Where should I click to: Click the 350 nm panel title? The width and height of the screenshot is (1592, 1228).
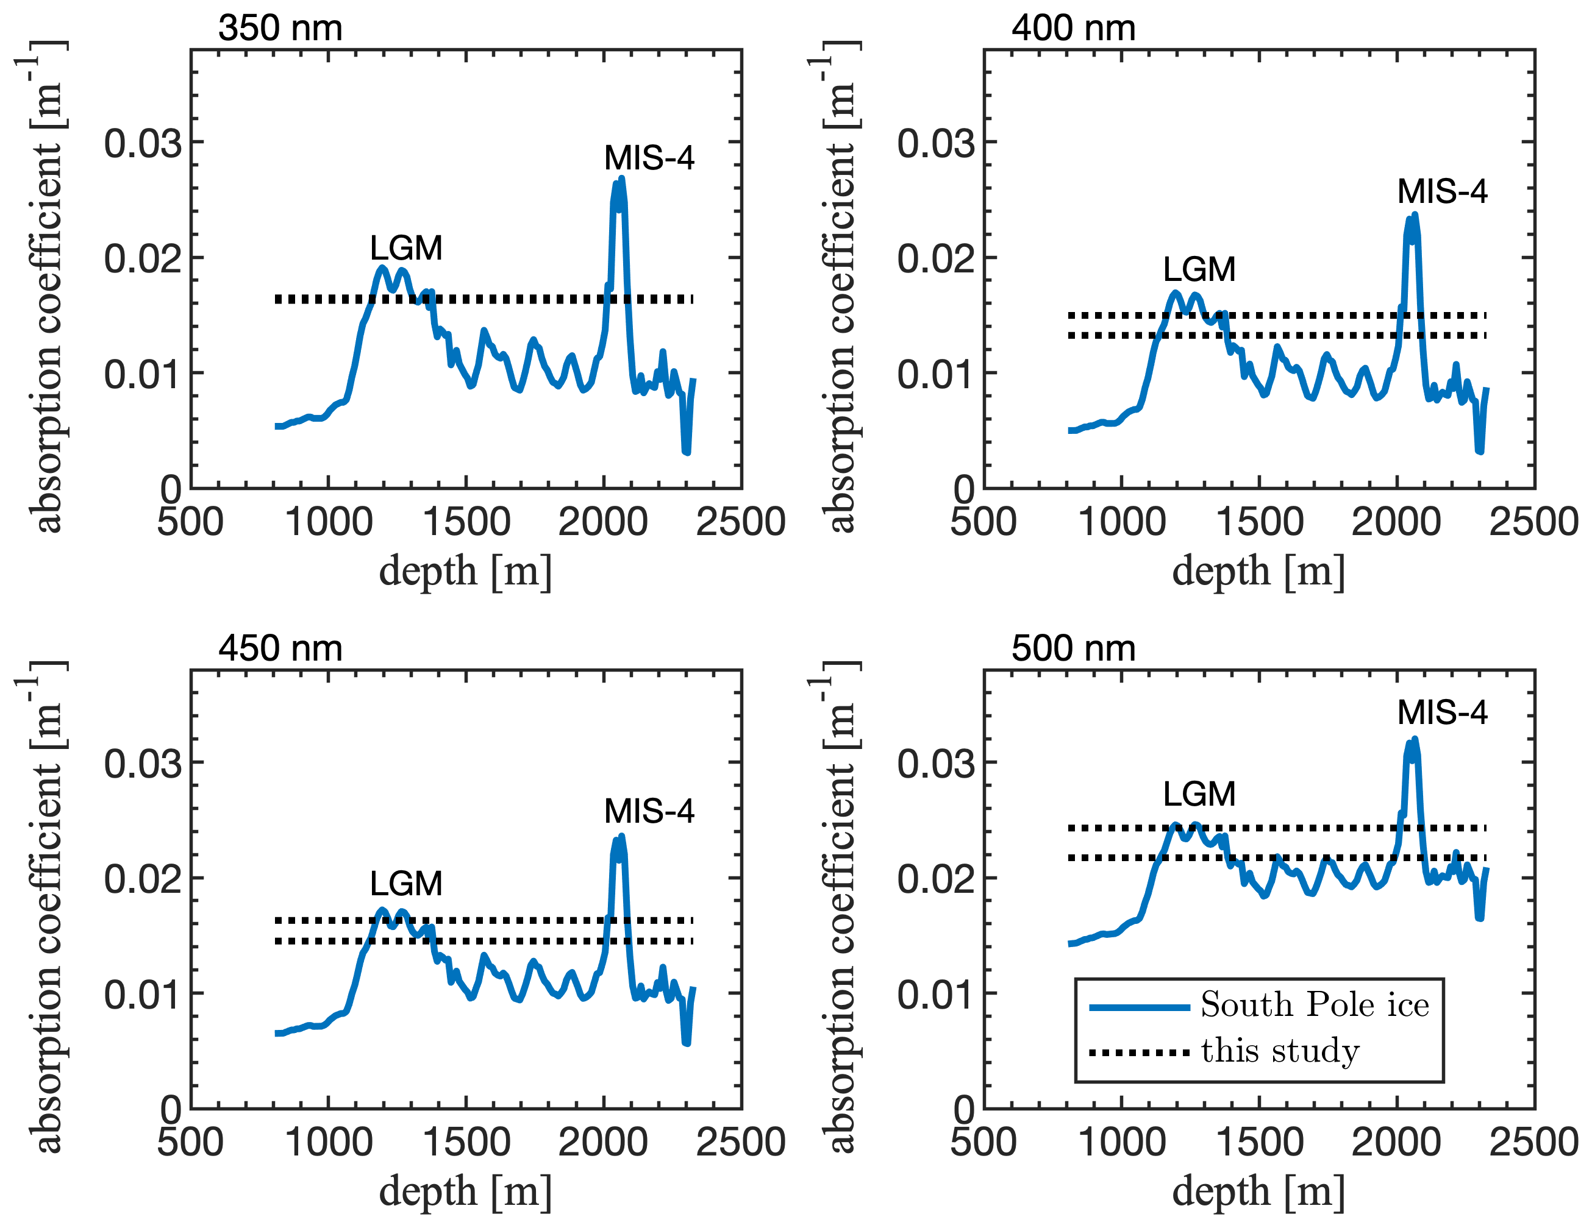click(x=280, y=29)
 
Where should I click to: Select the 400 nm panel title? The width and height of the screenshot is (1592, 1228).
click(x=1073, y=29)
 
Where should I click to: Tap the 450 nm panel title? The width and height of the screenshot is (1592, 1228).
click(x=280, y=648)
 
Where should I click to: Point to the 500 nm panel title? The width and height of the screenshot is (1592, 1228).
click(x=1073, y=648)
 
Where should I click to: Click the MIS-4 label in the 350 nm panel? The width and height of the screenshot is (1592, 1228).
click(x=649, y=158)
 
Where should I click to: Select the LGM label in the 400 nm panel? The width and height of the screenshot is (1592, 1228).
click(x=1199, y=269)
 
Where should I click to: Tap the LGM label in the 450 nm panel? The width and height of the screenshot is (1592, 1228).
click(x=406, y=884)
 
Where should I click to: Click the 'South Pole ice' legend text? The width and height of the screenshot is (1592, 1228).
click(x=1315, y=1005)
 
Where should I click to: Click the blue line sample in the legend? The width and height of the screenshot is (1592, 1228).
click(x=1140, y=1007)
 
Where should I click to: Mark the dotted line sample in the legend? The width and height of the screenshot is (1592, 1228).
click(x=1140, y=1053)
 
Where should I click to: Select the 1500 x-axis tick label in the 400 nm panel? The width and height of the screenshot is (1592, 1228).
click(x=1259, y=522)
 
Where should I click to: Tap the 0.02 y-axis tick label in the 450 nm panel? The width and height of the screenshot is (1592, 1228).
click(x=142, y=879)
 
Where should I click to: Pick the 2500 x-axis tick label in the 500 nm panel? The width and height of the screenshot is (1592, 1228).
click(x=1533, y=1142)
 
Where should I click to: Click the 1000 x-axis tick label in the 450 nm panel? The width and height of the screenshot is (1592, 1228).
click(x=328, y=1142)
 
